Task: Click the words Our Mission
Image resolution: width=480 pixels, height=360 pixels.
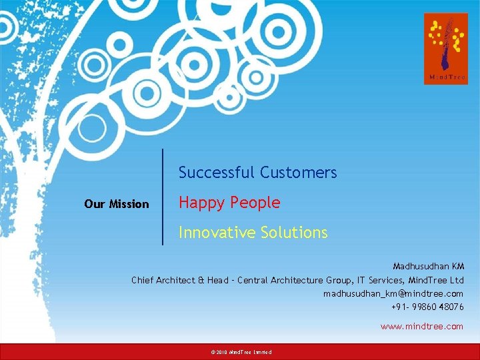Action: pyautogui.click(x=117, y=204)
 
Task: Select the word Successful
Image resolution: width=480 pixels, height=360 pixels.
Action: pyautogui.click(x=217, y=173)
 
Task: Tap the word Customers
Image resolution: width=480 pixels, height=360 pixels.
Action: pyautogui.click(x=299, y=173)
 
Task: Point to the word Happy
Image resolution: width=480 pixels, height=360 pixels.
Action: pyautogui.click(x=199, y=203)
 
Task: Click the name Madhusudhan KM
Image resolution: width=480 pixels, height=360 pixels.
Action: pyautogui.click(x=428, y=267)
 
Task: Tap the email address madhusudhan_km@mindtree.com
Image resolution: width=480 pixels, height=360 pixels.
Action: pyautogui.click(x=393, y=293)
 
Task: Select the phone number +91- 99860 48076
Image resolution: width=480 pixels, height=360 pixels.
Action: pyautogui.click(x=427, y=307)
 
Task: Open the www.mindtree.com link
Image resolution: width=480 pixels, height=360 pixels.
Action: pyautogui.click(x=421, y=326)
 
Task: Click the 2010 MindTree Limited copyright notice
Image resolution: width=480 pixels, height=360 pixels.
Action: pyautogui.click(x=241, y=351)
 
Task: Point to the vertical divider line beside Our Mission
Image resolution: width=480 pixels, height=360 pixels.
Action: pyautogui.click(x=163, y=197)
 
